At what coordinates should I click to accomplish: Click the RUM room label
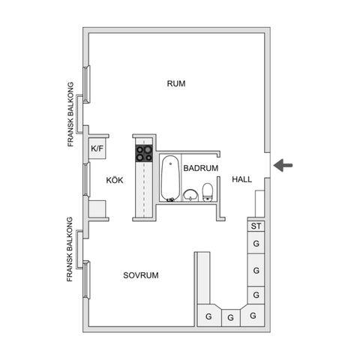(176, 83)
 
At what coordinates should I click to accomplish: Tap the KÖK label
(115, 180)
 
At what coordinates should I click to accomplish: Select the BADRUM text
(201, 168)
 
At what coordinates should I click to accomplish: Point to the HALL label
(241, 179)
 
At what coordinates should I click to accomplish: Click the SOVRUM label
(141, 275)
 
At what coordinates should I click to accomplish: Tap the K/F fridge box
(97, 148)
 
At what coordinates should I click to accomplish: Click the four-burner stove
(144, 153)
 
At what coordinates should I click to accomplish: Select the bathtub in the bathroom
(170, 178)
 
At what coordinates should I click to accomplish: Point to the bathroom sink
(190, 195)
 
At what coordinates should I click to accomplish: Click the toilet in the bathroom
(207, 192)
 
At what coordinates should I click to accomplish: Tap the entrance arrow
(283, 165)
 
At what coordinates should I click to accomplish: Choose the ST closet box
(256, 226)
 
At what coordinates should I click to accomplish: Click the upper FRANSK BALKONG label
(70, 114)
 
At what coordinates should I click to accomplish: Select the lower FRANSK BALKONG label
(70, 249)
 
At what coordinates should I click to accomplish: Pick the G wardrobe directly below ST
(256, 243)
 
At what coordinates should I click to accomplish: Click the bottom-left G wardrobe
(208, 315)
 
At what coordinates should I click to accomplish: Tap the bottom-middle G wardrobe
(231, 318)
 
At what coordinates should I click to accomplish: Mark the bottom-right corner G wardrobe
(253, 315)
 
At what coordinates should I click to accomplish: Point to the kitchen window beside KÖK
(86, 179)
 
